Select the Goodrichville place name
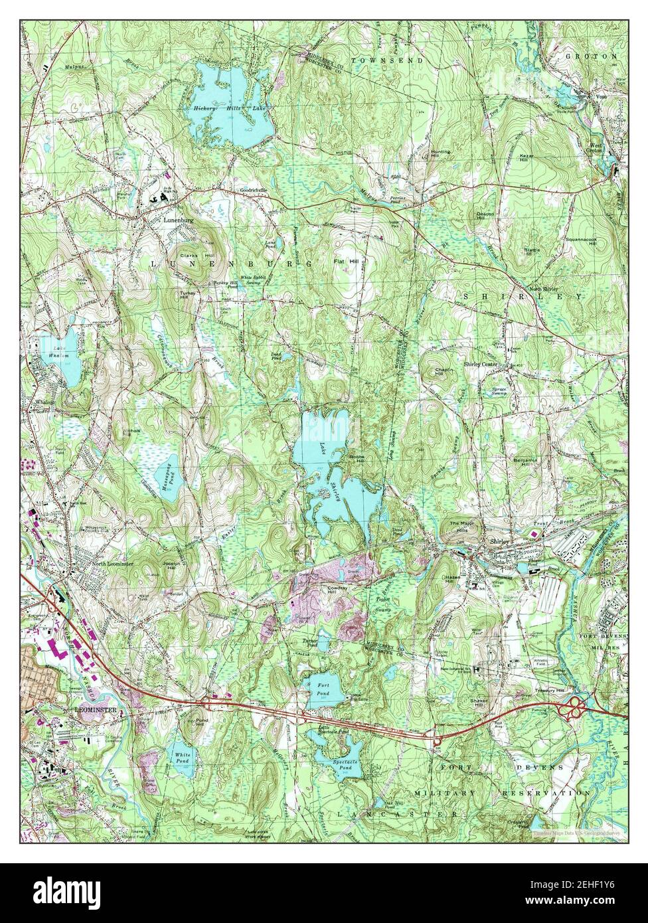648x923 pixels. point(253,190)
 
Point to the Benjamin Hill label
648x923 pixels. point(524,461)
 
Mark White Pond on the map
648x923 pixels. point(181,759)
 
